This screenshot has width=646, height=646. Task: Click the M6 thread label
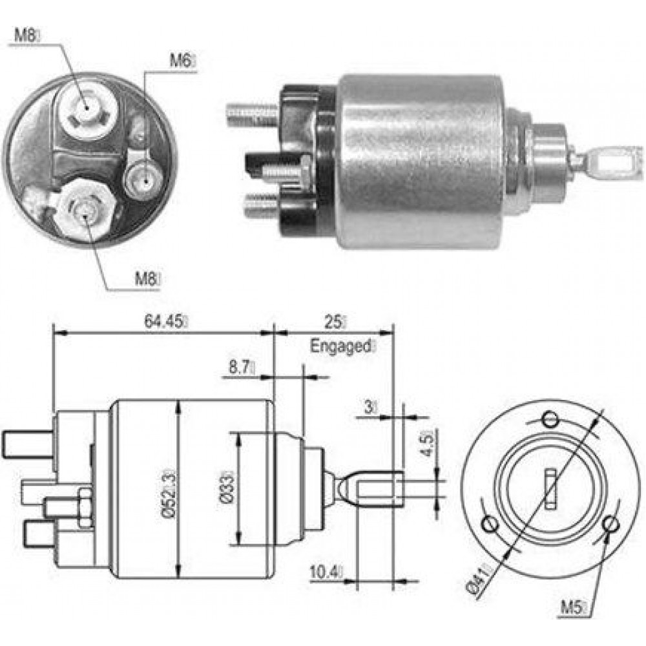coord(181,61)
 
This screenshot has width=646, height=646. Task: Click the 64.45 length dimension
coord(163,321)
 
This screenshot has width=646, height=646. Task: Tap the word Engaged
coord(340,346)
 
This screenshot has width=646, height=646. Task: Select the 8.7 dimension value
coord(240,367)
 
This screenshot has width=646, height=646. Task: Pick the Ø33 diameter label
coord(227,486)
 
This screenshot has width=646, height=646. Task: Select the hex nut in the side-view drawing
coord(85,507)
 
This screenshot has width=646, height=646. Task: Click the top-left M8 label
coord(25,35)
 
